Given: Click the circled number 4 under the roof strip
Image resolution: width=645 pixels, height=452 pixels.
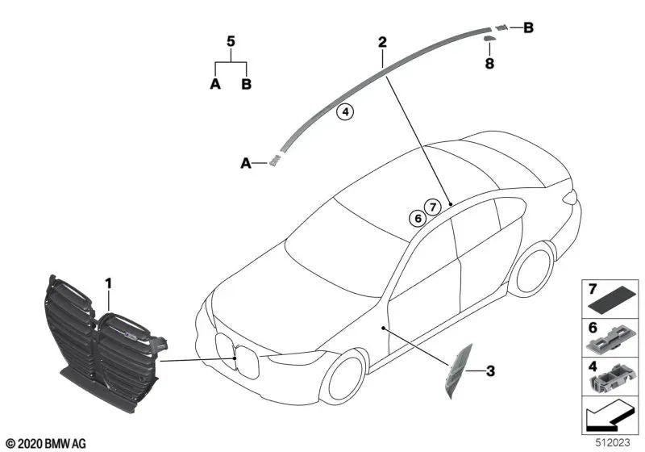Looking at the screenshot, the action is pos(345,113).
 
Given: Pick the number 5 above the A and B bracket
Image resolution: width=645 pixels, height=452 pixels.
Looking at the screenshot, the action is pos(231,40).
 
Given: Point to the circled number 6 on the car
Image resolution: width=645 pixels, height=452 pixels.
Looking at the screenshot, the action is pos(417,218).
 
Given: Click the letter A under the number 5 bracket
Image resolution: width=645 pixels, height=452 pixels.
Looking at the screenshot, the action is pos(215,84).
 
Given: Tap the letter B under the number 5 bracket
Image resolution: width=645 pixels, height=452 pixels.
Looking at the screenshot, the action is pos(247,84).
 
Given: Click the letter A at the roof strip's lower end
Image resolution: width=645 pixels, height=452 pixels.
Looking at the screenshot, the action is pos(245,163).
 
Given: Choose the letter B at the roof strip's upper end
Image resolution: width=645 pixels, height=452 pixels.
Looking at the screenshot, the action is pos(528,28).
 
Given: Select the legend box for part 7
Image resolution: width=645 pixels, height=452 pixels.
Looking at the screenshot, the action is pos(610,299).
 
